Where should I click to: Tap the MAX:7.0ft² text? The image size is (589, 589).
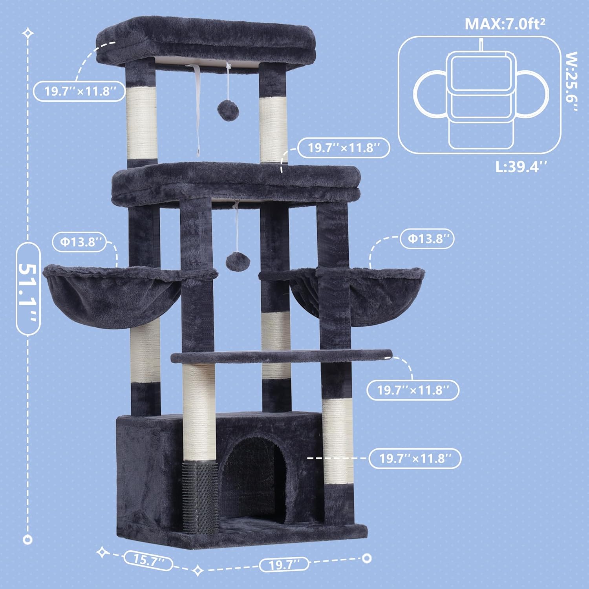[x=505, y=24]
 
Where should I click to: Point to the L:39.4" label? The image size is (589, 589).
[x=521, y=167]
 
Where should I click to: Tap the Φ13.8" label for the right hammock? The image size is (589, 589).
[x=427, y=239]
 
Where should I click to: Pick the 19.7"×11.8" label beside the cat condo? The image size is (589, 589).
[x=415, y=458]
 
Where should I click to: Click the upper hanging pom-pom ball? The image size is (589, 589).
[x=227, y=107]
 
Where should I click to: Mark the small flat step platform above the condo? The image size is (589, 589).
[x=282, y=356]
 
